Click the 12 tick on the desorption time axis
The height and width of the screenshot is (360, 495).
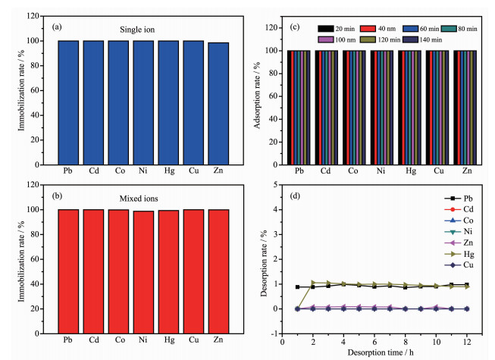tap(467, 340)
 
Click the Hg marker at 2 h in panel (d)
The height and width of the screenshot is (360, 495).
tap(313, 283)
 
